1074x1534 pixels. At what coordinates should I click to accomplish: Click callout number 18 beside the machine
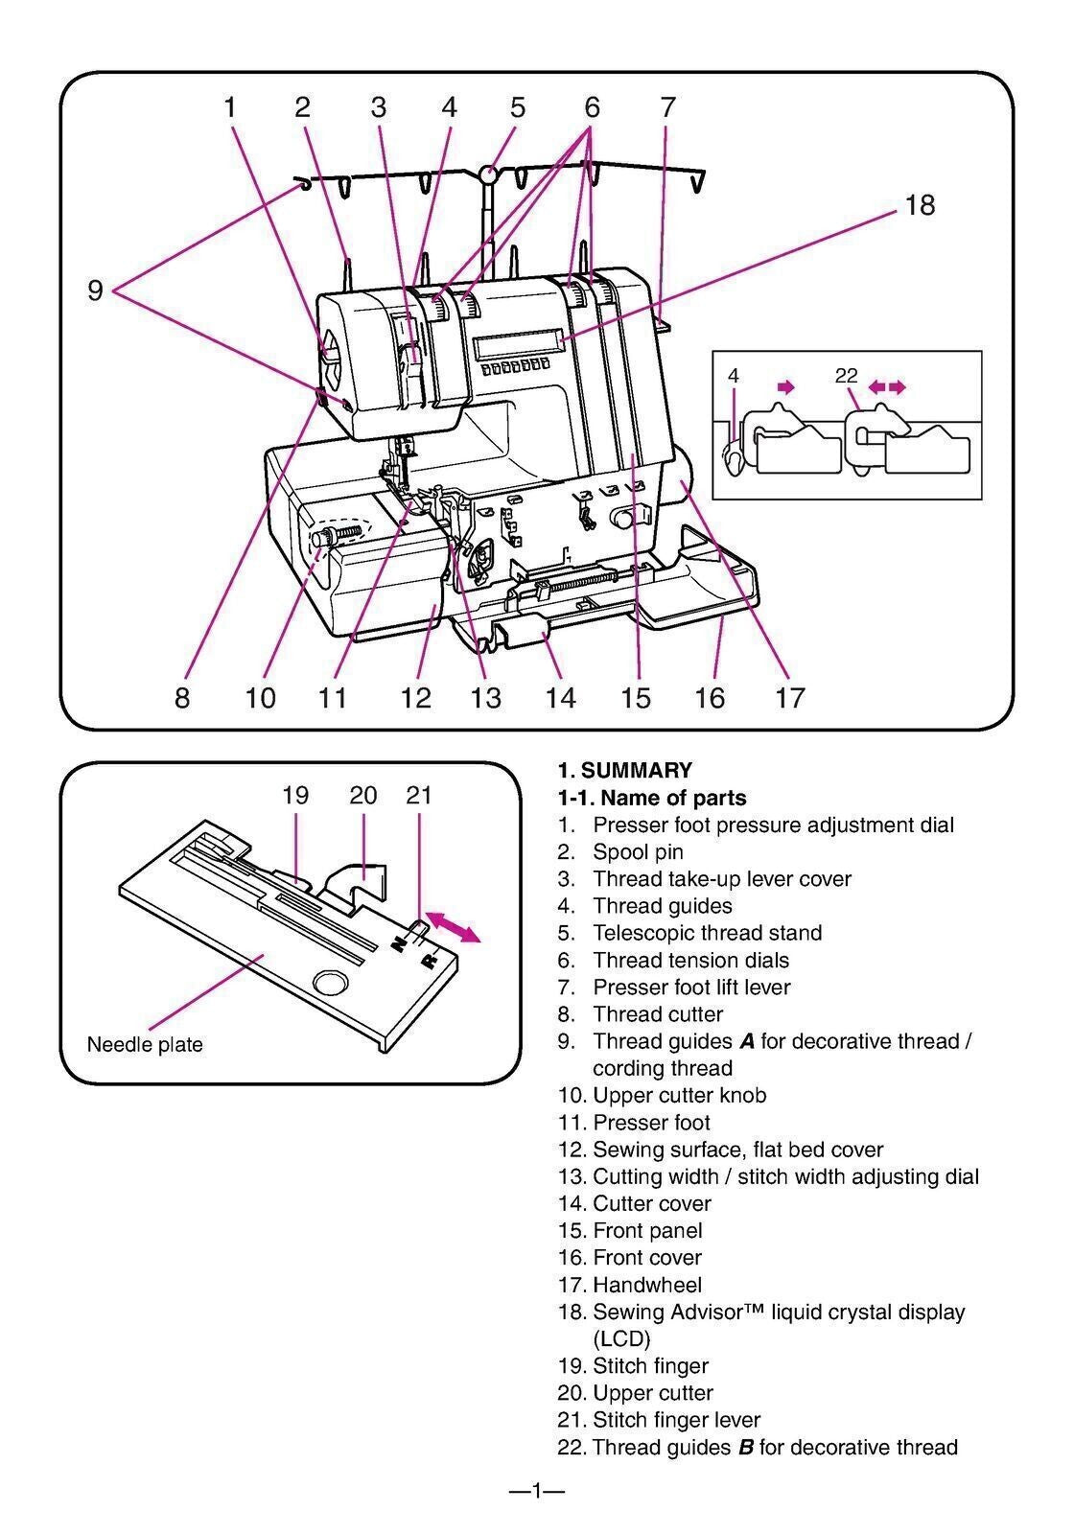click(x=919, y=205)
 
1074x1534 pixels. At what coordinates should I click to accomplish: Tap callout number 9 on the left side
click(x=95, y=290)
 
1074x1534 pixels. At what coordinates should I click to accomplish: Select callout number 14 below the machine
click(x=561, y=697)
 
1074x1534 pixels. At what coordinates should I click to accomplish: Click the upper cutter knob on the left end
click(x=323, y=540)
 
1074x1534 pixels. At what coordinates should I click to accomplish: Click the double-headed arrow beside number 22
click(x=886, y=386)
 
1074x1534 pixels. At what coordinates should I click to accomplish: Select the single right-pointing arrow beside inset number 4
click(x=786, y=386)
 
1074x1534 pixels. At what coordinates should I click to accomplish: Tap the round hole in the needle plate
click(x=329, y=983)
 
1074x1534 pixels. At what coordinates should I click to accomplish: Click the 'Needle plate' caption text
click(x=145, y=1044)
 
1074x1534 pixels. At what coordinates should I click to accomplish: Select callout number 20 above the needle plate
click(x=363, y=795)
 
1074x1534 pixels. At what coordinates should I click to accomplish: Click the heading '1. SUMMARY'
click(x=624, y=770)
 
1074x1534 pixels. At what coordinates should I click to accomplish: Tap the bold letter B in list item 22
click(x=745, y=1447)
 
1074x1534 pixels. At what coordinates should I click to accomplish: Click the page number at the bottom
click(x=536, y=1490)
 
